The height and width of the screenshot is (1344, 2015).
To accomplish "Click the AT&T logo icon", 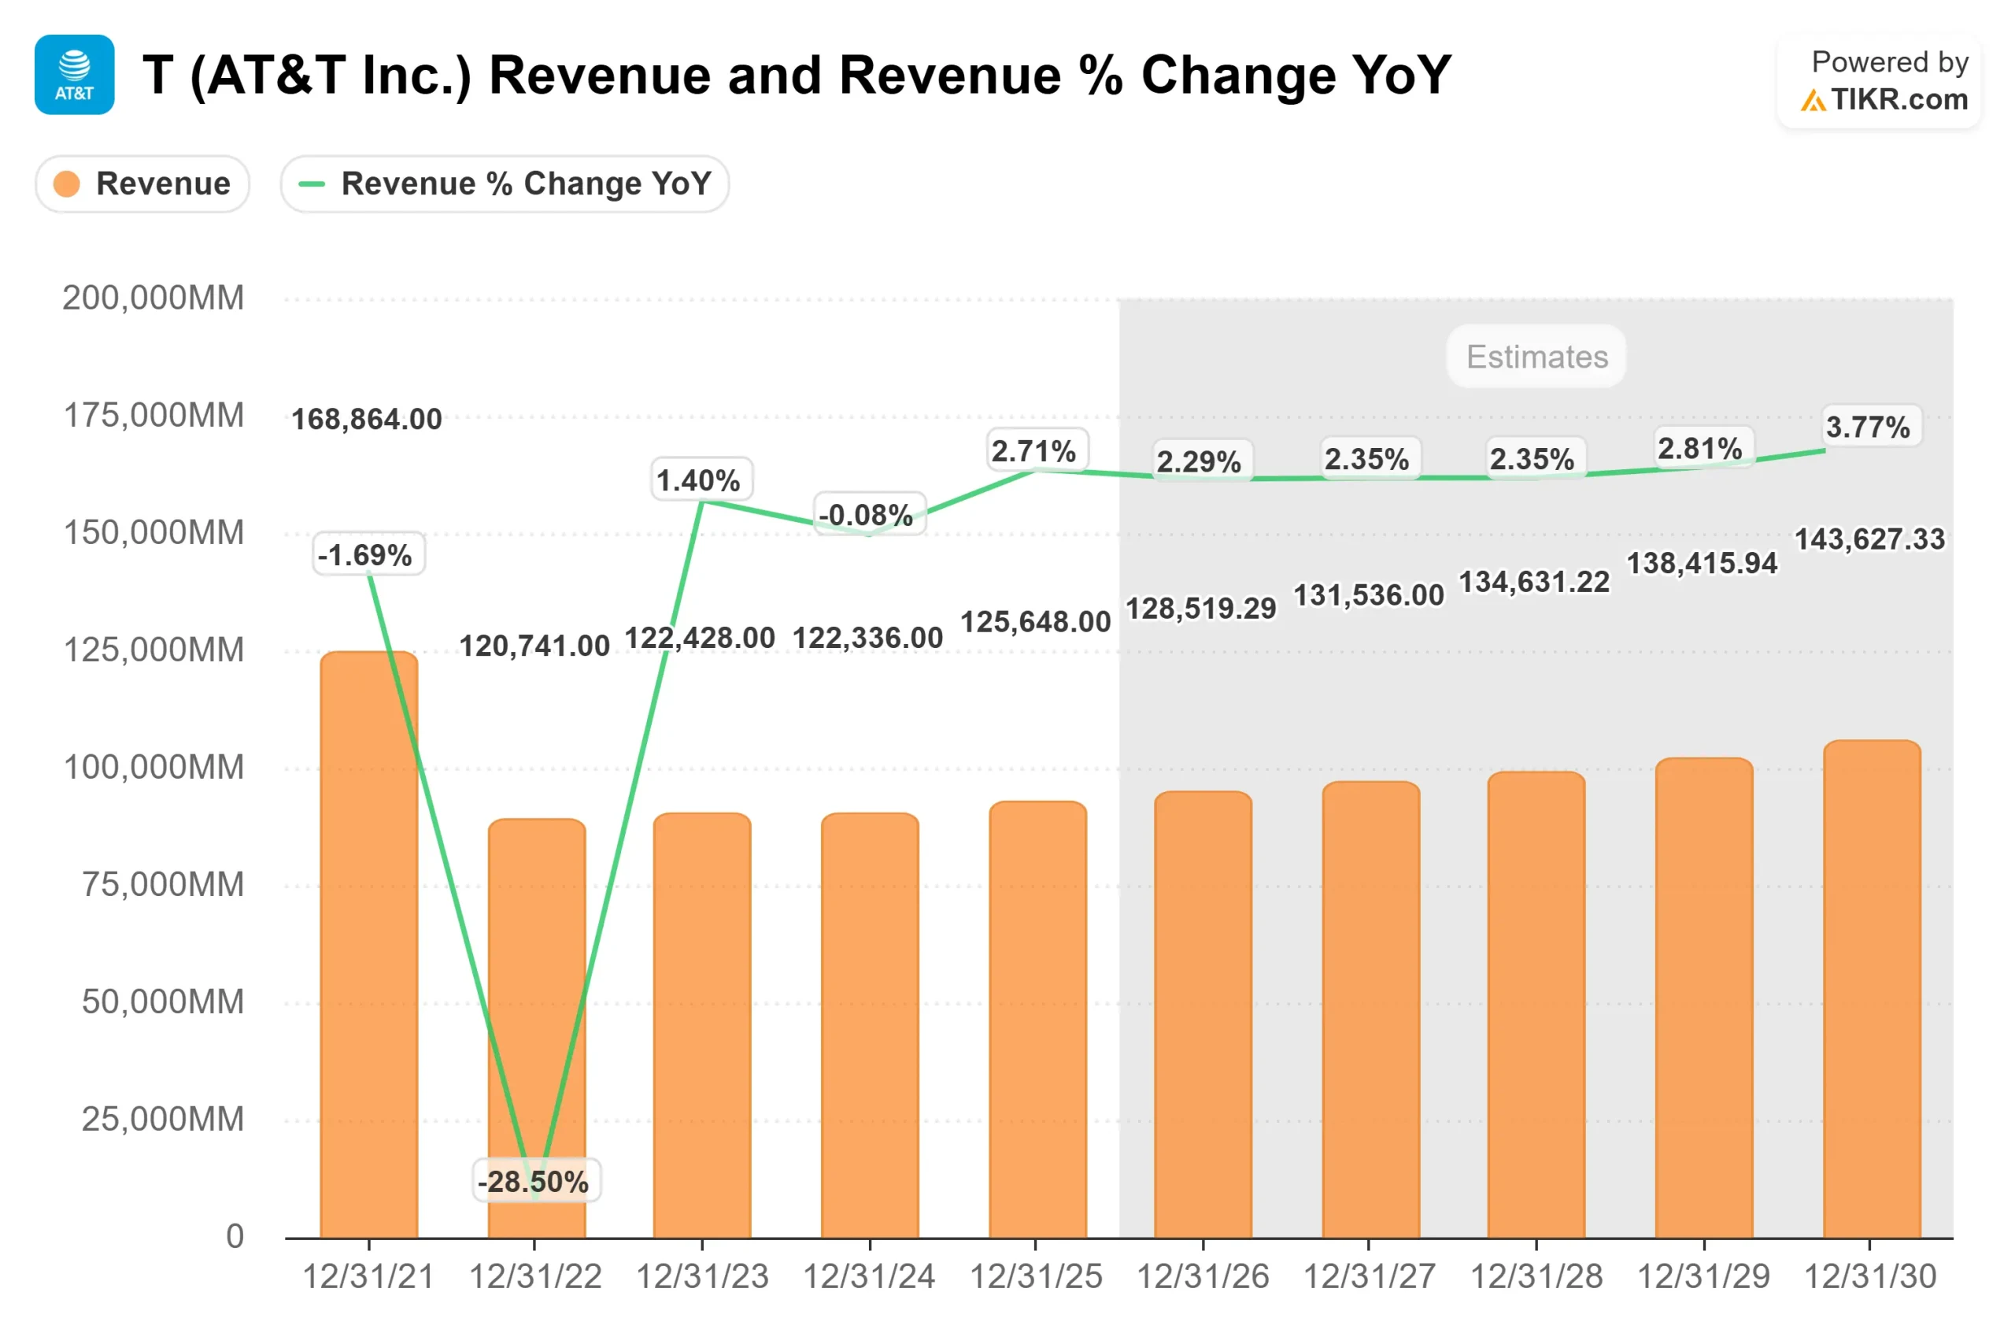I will coord(75,75).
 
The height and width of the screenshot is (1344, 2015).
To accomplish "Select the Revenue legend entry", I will coord(142,183).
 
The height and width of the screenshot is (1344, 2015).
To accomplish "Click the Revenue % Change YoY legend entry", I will coord(505,183).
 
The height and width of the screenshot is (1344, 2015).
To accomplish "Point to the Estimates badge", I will coord(1536,357).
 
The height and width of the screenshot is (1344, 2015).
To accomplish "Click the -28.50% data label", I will coord(535,1181).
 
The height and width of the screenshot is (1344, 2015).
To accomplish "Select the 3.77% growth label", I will coord(1868,426).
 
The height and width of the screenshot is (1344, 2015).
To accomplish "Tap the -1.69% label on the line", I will coord(368,554).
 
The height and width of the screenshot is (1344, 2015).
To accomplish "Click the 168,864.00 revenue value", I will coord(367,419).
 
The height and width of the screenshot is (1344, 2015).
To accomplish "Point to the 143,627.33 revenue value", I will coord(1869,539).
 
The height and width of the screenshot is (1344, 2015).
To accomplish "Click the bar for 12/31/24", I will coord(870,1028).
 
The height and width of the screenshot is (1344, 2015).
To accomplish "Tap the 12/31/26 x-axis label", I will coord(1202,1277).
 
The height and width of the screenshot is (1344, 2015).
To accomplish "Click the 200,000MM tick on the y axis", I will coord(153,298).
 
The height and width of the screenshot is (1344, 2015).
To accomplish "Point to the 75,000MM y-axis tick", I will coord(162,883).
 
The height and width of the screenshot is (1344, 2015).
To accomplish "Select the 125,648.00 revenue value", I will coord(1035,621).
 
